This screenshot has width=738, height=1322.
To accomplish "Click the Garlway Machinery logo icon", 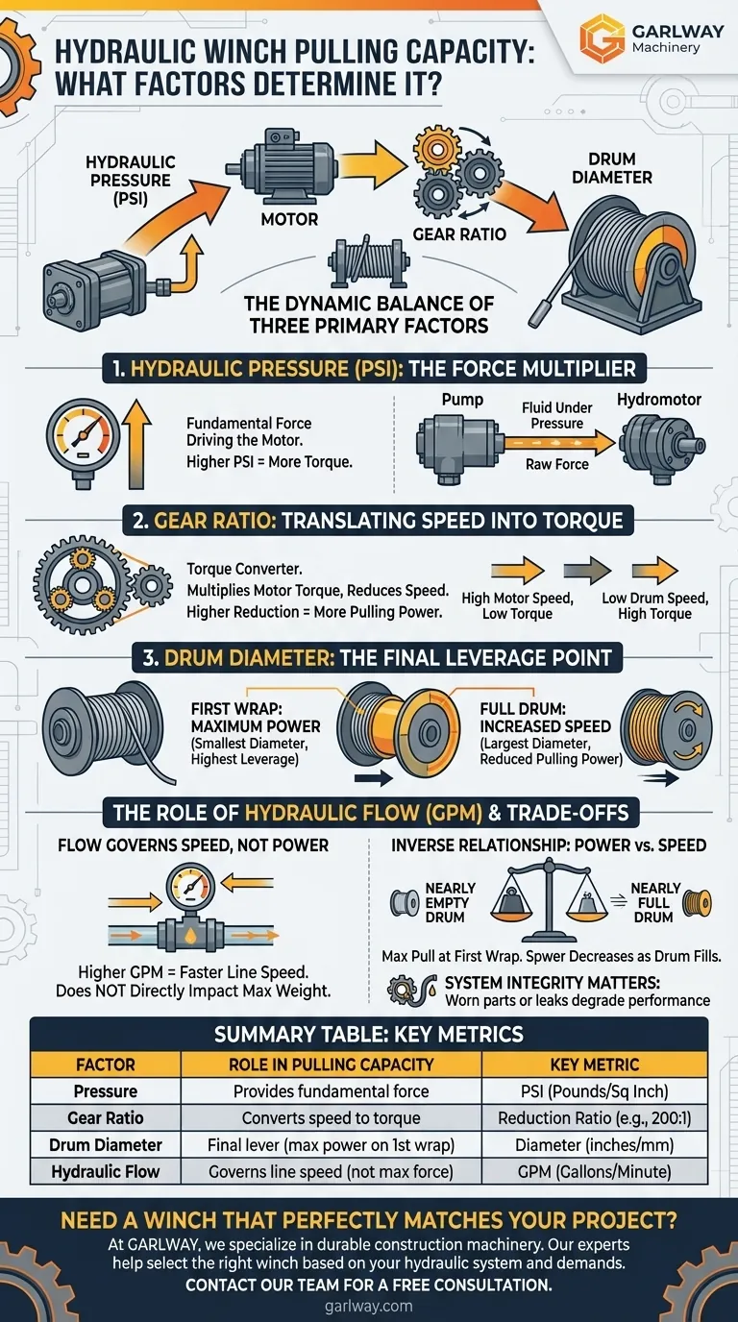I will point(602,37).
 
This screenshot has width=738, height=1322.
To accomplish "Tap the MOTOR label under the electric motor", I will point(289,219).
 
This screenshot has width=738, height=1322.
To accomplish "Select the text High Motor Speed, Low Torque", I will point(518,605).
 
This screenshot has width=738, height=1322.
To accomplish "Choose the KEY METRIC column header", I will point(594,1065).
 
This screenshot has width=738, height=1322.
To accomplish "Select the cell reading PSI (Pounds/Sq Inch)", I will point(594,1091).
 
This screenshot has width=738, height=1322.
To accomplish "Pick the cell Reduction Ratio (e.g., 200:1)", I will point(594,1118).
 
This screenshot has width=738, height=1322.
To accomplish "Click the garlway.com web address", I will point(369,1306).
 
